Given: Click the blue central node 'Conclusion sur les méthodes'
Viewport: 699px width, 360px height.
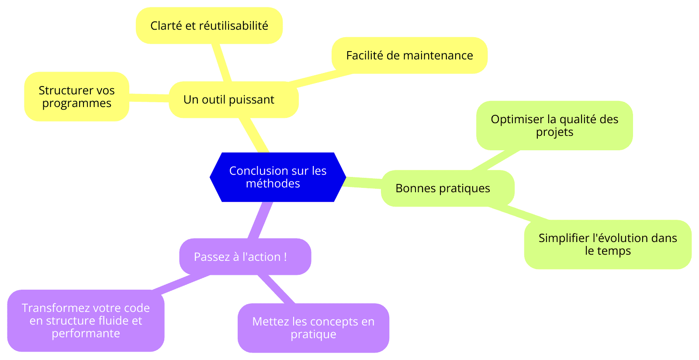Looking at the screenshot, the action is point(278,177).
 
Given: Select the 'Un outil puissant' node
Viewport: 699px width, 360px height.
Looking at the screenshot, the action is point(234,100).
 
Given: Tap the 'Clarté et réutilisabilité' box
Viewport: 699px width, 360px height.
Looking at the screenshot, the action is point(209,26).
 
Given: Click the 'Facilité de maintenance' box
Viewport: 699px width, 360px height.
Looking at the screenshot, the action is point(409,55).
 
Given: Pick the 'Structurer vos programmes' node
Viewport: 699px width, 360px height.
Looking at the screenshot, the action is point(77,97).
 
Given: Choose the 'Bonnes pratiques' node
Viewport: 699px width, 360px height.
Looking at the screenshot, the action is point(447,188).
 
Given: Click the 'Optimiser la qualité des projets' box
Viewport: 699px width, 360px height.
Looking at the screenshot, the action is point(554,125).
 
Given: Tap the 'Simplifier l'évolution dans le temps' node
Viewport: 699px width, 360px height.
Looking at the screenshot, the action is point(608,245).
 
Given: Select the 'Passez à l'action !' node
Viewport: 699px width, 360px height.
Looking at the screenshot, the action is point(245,257).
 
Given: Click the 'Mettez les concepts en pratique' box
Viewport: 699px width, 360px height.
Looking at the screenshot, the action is point(313,328).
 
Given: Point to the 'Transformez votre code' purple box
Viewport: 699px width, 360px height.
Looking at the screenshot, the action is point(86,321).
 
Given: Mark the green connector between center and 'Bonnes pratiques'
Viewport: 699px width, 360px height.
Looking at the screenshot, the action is point(363,183).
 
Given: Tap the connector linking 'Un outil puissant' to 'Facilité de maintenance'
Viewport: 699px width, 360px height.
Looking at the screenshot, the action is point(320,78).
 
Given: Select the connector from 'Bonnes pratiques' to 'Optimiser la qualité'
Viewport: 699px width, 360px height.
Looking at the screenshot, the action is point(495,160).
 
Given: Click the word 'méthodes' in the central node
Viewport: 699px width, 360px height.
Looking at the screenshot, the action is point(273,183).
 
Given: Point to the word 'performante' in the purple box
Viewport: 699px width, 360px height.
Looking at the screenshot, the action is point(86,333).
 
